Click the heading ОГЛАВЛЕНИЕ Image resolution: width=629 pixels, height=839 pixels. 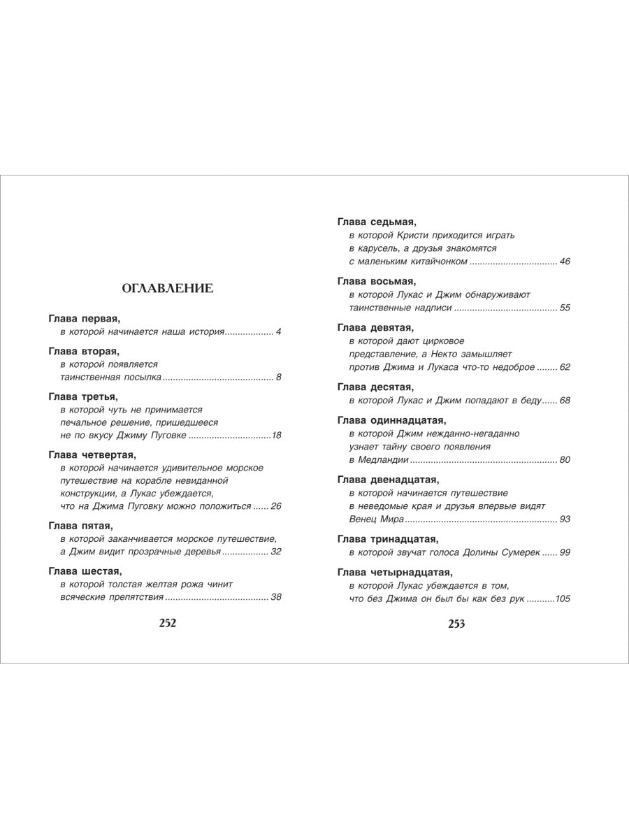tap(168, 287)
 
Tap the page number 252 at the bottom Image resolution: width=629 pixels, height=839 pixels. tap(168, 624)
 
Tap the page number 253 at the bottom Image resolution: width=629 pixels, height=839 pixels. tap(456, 624)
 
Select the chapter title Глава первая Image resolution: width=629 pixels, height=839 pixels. tap(85, 318)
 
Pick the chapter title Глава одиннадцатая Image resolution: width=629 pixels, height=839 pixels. tap(391, 420)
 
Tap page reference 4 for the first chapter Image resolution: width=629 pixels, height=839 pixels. tap(278, 331)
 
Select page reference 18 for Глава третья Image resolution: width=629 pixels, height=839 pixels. tap(276, 436)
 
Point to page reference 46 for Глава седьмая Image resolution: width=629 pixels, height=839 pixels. tap(565, 261)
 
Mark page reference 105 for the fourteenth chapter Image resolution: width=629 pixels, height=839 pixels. tap(562, 598)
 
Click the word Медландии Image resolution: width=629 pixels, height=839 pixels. tap(383, 459)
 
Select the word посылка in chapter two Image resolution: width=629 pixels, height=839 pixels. tap(143, 378)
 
